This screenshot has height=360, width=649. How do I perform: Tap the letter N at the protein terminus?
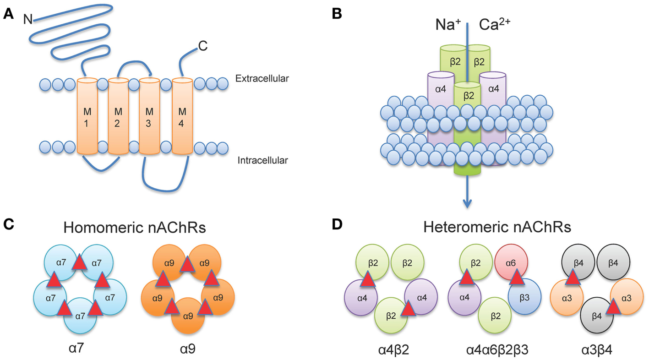28,19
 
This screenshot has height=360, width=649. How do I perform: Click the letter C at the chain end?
202,46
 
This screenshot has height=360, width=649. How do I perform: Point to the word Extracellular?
262,79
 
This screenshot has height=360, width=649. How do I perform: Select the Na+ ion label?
447,26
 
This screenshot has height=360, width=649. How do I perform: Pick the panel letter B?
337,15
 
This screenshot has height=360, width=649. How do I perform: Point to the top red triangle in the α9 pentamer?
187,264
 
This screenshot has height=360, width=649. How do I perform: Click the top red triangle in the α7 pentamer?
79,263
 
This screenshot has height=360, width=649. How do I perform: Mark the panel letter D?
337,224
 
